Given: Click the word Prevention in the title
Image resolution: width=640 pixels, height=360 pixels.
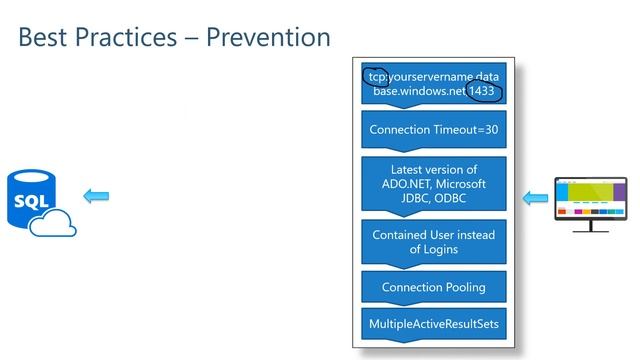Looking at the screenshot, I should pos(268,37).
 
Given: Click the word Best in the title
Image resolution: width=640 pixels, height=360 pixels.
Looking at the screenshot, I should pos(42,37).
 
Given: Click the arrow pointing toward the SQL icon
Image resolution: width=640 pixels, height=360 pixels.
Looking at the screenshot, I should pos(96,196).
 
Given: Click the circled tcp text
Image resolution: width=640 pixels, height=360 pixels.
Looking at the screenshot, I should pos(375,75).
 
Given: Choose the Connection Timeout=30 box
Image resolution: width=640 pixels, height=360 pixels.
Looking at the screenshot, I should pos(433,130).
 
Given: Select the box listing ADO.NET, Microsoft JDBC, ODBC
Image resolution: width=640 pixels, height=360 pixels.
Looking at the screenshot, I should pos(433,184).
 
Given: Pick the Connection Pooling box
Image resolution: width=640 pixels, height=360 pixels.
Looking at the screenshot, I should pos(433,287).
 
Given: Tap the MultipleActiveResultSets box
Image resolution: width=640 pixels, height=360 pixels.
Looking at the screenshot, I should pos(433,325).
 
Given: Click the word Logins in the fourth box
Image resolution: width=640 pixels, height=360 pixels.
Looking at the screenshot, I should pos(441,249).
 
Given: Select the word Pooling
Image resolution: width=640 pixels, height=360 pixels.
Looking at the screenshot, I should pos(463,287).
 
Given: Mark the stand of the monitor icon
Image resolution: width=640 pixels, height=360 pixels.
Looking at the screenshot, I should pos(590,226).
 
